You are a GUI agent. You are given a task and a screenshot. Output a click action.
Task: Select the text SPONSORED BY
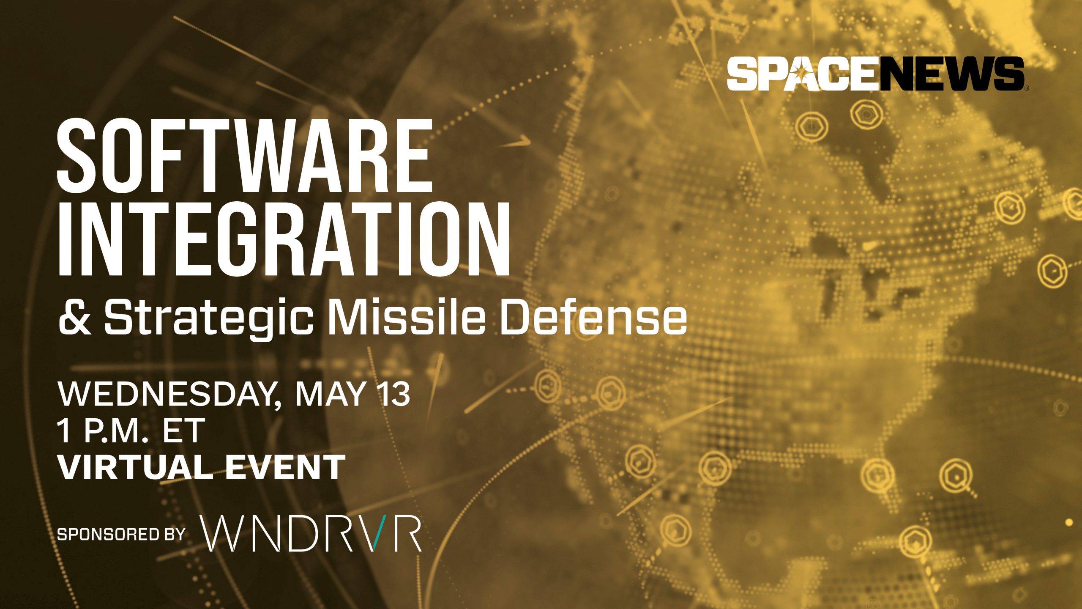121,535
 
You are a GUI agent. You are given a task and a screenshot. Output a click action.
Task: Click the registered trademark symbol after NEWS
1026,88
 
